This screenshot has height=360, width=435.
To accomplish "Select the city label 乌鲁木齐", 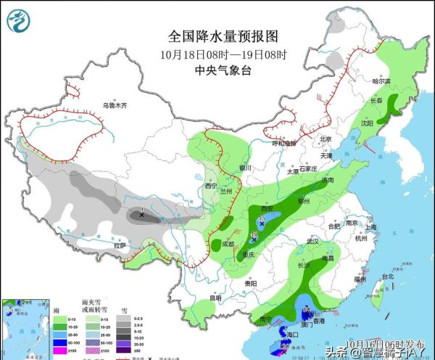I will [x=114, y=106].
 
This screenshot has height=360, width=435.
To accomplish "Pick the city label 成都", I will [x=228, y=244].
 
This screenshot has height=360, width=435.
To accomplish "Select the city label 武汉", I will [x=312, y=240].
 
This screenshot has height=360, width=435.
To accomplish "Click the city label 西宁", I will [x=211, y=186].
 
